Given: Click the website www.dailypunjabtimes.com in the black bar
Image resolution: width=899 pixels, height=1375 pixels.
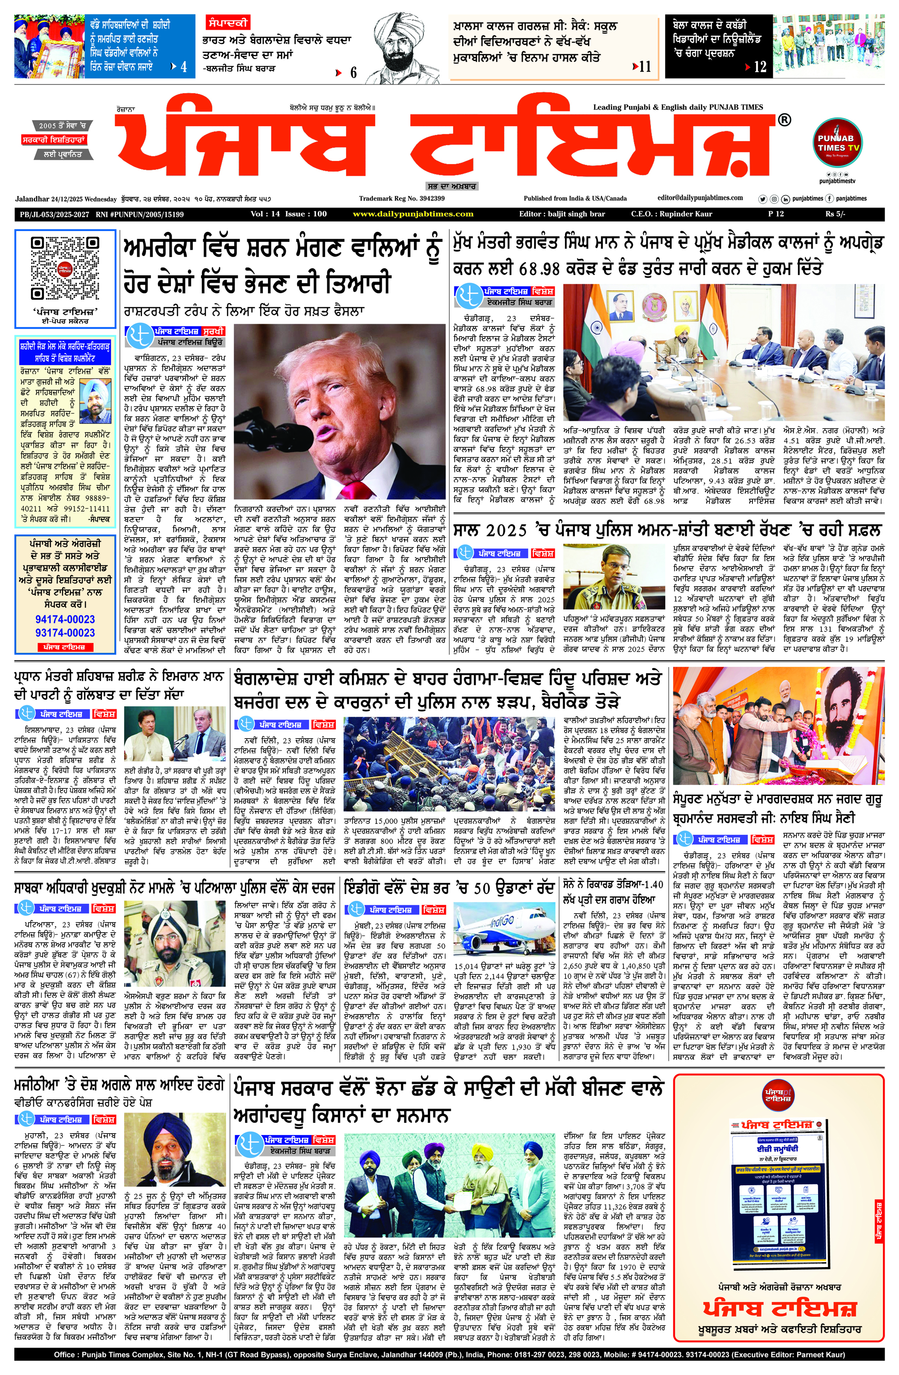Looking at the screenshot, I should pyautogui.click(x=413, y=214).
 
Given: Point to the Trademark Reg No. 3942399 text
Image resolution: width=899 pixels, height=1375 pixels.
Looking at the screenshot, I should pyautogui.click(x=401, y=198).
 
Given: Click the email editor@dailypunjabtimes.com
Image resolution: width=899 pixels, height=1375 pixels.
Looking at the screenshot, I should pyautogui.click(x=700, y=198).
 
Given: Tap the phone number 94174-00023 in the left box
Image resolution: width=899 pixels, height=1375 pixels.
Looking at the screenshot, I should pyautogui.click(x=65, y=619).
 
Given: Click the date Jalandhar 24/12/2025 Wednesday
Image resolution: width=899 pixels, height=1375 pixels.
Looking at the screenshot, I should pyautogui.click(x=66, y=198).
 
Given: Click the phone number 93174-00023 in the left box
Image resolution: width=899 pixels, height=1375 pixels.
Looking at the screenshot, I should pyautogui.click(x=65, y=632).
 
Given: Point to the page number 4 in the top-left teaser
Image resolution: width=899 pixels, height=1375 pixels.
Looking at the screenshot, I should pyautogui.click(x=184, y=67).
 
